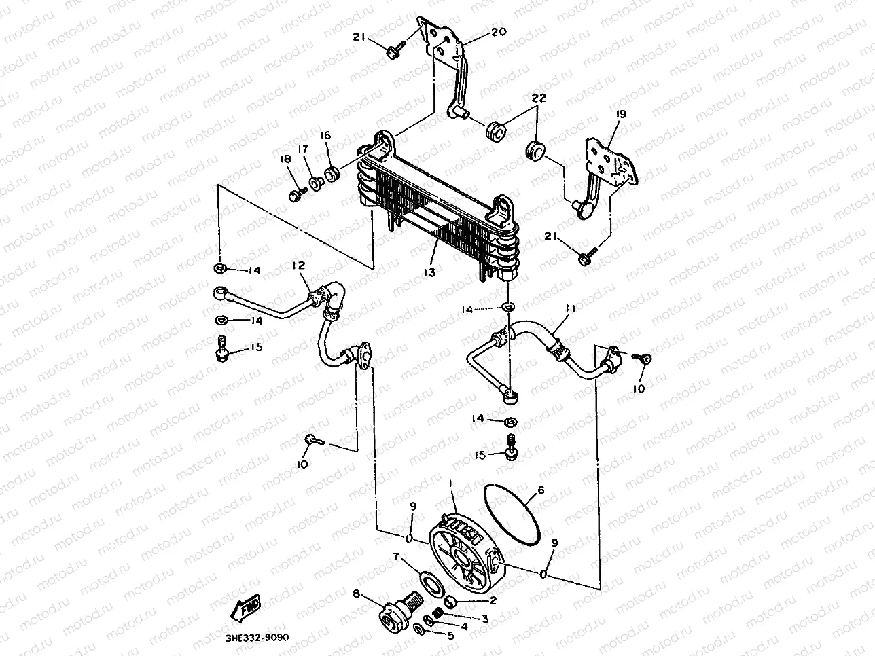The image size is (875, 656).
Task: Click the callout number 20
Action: [500, 32]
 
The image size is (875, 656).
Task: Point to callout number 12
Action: [299, 266]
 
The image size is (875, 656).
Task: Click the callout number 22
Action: [539, 99]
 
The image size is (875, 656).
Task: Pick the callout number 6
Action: [541, 490]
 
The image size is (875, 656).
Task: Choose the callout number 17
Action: [303, 149]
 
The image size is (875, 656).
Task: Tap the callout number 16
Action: [326, 136]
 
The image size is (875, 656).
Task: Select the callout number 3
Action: [485, 618]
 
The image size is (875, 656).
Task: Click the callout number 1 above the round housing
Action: [450, 482]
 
